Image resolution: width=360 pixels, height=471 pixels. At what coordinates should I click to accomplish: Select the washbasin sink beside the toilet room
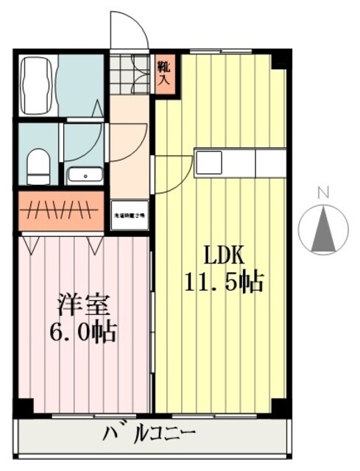click(x=85, y=175)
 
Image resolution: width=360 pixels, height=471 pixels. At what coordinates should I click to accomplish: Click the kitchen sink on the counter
click(x=208, y=162)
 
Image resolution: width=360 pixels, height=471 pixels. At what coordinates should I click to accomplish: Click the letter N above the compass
click(x=322, y=193)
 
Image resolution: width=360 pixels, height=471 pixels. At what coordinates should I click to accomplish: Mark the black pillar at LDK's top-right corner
click(x=279, y=59)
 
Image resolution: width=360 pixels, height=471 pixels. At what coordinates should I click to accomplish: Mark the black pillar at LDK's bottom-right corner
click(x=279, y=405)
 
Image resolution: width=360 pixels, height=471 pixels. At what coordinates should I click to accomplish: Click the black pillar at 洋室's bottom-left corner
click(x=24, y=406)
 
